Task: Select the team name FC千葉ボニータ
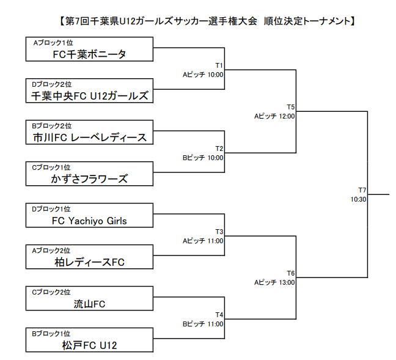(89, 54)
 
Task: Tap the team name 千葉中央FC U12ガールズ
(89, 95)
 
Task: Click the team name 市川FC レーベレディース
(89, 137)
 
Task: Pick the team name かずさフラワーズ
(89, 178)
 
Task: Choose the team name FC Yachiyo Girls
(89, 221)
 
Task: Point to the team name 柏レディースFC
(89, 262)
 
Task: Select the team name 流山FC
(89, 304)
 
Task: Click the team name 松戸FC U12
(89, 345)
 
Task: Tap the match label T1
(219, 65)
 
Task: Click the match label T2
(219, 149)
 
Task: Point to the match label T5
(290, 106)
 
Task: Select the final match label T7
(362, 190)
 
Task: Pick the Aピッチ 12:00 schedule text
(274, 116)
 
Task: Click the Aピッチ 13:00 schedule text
(274, 282)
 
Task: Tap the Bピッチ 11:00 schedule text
(203, 324)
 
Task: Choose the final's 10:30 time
(358, 199)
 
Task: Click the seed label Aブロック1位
(52, 42)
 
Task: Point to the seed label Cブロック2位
(52, 292)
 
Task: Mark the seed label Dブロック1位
(52, 209)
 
